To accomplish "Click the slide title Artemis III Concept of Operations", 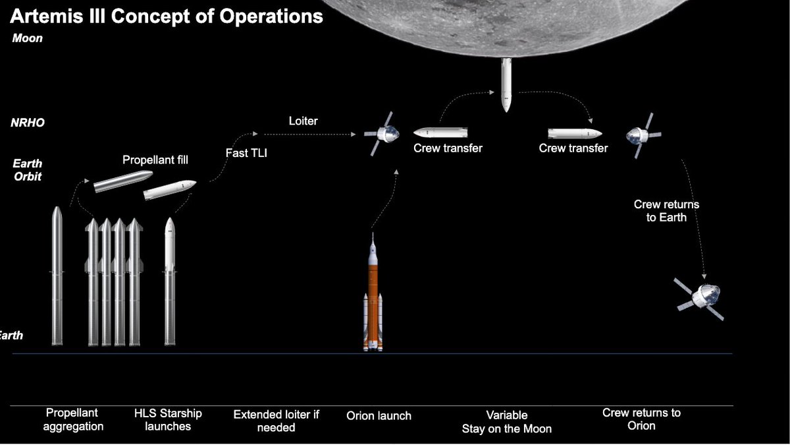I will [167, 16].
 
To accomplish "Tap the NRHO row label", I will [28, 123].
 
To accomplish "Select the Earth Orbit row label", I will [27, 169].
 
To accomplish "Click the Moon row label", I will [27, 38].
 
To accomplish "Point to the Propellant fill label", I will [155, 160].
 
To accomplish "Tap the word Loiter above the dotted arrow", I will [303, 121].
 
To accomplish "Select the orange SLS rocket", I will [373, 297].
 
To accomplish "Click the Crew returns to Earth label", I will [666, 211].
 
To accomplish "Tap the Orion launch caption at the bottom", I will [379, 416].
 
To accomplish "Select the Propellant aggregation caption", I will [73, 419].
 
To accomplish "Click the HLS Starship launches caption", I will [168, 419].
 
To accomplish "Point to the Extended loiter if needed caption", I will [276, 421].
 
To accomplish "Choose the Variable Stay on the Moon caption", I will [507, 422].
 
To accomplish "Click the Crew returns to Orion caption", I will [641, 419].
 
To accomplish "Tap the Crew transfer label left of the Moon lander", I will [448, 148].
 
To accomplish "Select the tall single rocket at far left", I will [57, 277].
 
